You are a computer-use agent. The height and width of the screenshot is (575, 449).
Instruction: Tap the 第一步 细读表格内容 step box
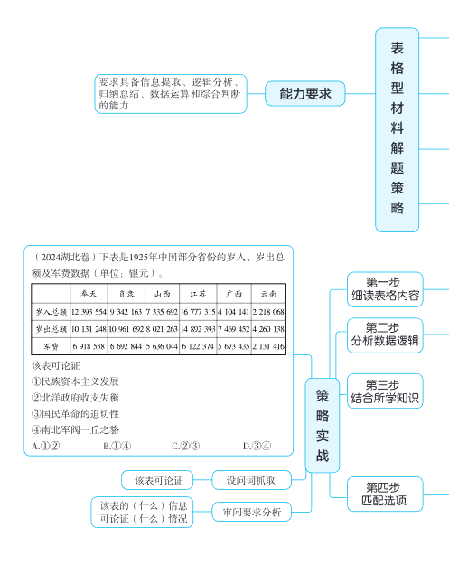386,287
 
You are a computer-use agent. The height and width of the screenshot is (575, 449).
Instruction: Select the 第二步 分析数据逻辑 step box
386,334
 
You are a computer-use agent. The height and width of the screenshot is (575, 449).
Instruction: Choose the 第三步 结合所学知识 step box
386,391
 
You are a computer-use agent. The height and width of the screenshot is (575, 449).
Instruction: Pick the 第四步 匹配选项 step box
386,493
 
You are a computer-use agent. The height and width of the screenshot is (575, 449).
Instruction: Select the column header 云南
268,294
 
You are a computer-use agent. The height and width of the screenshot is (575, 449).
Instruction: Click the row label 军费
51,346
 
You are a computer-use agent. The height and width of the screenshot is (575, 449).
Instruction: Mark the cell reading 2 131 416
268,346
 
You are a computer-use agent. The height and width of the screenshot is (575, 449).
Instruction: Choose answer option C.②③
185,445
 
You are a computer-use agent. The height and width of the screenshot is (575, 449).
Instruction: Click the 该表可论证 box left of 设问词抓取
158,478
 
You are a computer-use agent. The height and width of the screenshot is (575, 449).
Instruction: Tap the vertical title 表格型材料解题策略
398,127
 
